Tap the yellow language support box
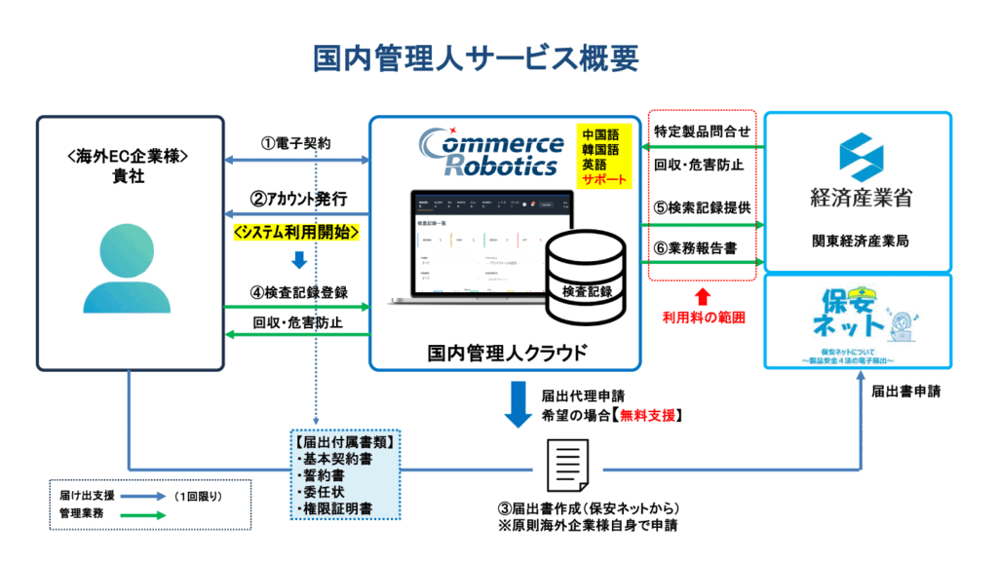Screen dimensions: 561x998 [605, 156]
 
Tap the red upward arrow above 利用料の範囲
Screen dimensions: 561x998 [702, 293]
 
